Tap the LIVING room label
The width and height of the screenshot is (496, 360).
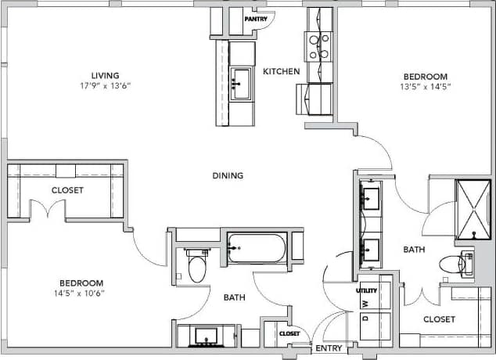104,75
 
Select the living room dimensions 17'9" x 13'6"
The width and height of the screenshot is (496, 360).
104,85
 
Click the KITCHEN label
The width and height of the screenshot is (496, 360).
281,71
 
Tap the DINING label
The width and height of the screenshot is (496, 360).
227,175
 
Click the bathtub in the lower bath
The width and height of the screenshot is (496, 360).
257,248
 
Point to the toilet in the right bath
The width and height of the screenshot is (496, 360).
455,264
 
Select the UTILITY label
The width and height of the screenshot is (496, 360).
367,290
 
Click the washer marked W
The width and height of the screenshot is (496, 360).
365,303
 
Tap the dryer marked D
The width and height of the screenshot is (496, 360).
365,319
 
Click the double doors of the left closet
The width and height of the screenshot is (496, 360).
47,210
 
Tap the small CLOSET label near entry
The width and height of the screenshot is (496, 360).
289,334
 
